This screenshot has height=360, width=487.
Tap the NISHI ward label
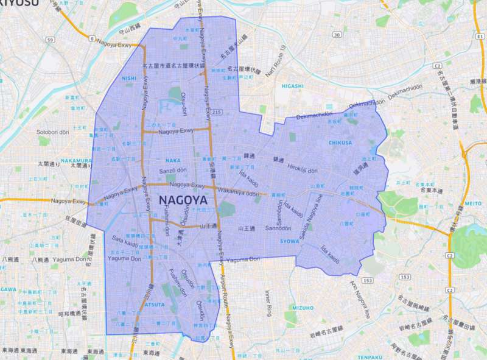click(129, 78)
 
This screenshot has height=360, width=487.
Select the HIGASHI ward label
click(292, 86)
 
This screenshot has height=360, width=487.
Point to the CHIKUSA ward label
click(340, 143)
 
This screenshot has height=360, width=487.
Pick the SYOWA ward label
click(290, 241)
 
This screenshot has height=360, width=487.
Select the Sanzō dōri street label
click(172, 172)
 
